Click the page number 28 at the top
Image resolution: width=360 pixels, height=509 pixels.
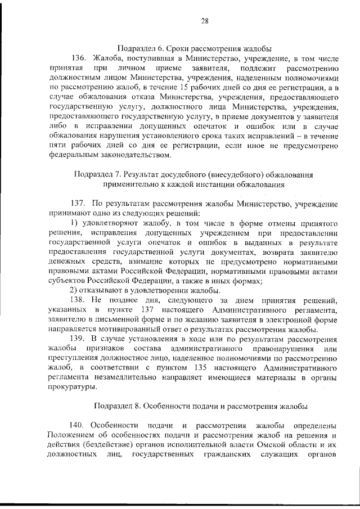(205, 21)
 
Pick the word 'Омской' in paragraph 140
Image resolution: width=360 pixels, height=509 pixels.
(278, 445)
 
